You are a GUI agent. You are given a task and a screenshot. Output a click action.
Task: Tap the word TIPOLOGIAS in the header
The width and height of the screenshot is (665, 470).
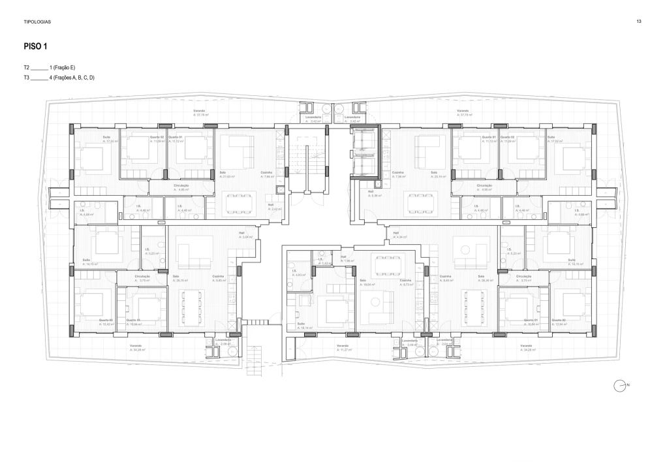click(x=37, y=22)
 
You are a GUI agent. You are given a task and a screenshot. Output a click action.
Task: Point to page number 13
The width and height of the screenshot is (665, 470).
click(x=638, y=22)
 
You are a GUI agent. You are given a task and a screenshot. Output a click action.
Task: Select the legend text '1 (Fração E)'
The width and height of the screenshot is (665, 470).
click(x=63, y=67)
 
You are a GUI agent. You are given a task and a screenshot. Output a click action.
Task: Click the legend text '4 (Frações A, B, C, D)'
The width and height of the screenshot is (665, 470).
click(x=72, y=78)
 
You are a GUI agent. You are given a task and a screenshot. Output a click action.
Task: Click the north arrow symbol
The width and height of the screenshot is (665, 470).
click(x=620, y=386)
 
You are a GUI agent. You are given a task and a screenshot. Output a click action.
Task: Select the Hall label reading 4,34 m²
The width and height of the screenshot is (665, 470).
click(x=397, y=235)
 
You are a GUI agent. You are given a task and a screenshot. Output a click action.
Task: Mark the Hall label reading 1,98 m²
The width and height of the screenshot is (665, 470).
click(x=348, y=260)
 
